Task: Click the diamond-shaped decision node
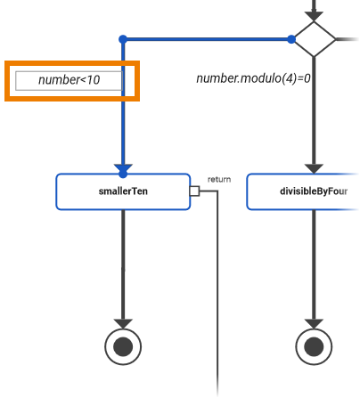[x=314, y=39]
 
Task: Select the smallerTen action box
[x=123, y=191]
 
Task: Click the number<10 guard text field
[x=70, y=81]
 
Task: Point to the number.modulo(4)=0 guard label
[x=254, y=78]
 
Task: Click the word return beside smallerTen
[x=218, y=179]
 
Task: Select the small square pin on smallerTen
[x=193, y=191]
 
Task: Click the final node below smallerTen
[x=123, y=345]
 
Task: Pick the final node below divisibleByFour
[x=314, y=345]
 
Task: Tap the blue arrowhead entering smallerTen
[x=123, y=168]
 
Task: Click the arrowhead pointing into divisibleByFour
[x=314, y=167]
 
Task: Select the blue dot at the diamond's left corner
[x=291, y=39]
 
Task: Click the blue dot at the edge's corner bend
[x=123, y=39]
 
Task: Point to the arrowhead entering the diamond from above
[x=314, y=15]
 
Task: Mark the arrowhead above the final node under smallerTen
[x=123, y=322]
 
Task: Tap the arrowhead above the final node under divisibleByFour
[x=314, y=322]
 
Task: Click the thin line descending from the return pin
[x=217, y=294]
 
